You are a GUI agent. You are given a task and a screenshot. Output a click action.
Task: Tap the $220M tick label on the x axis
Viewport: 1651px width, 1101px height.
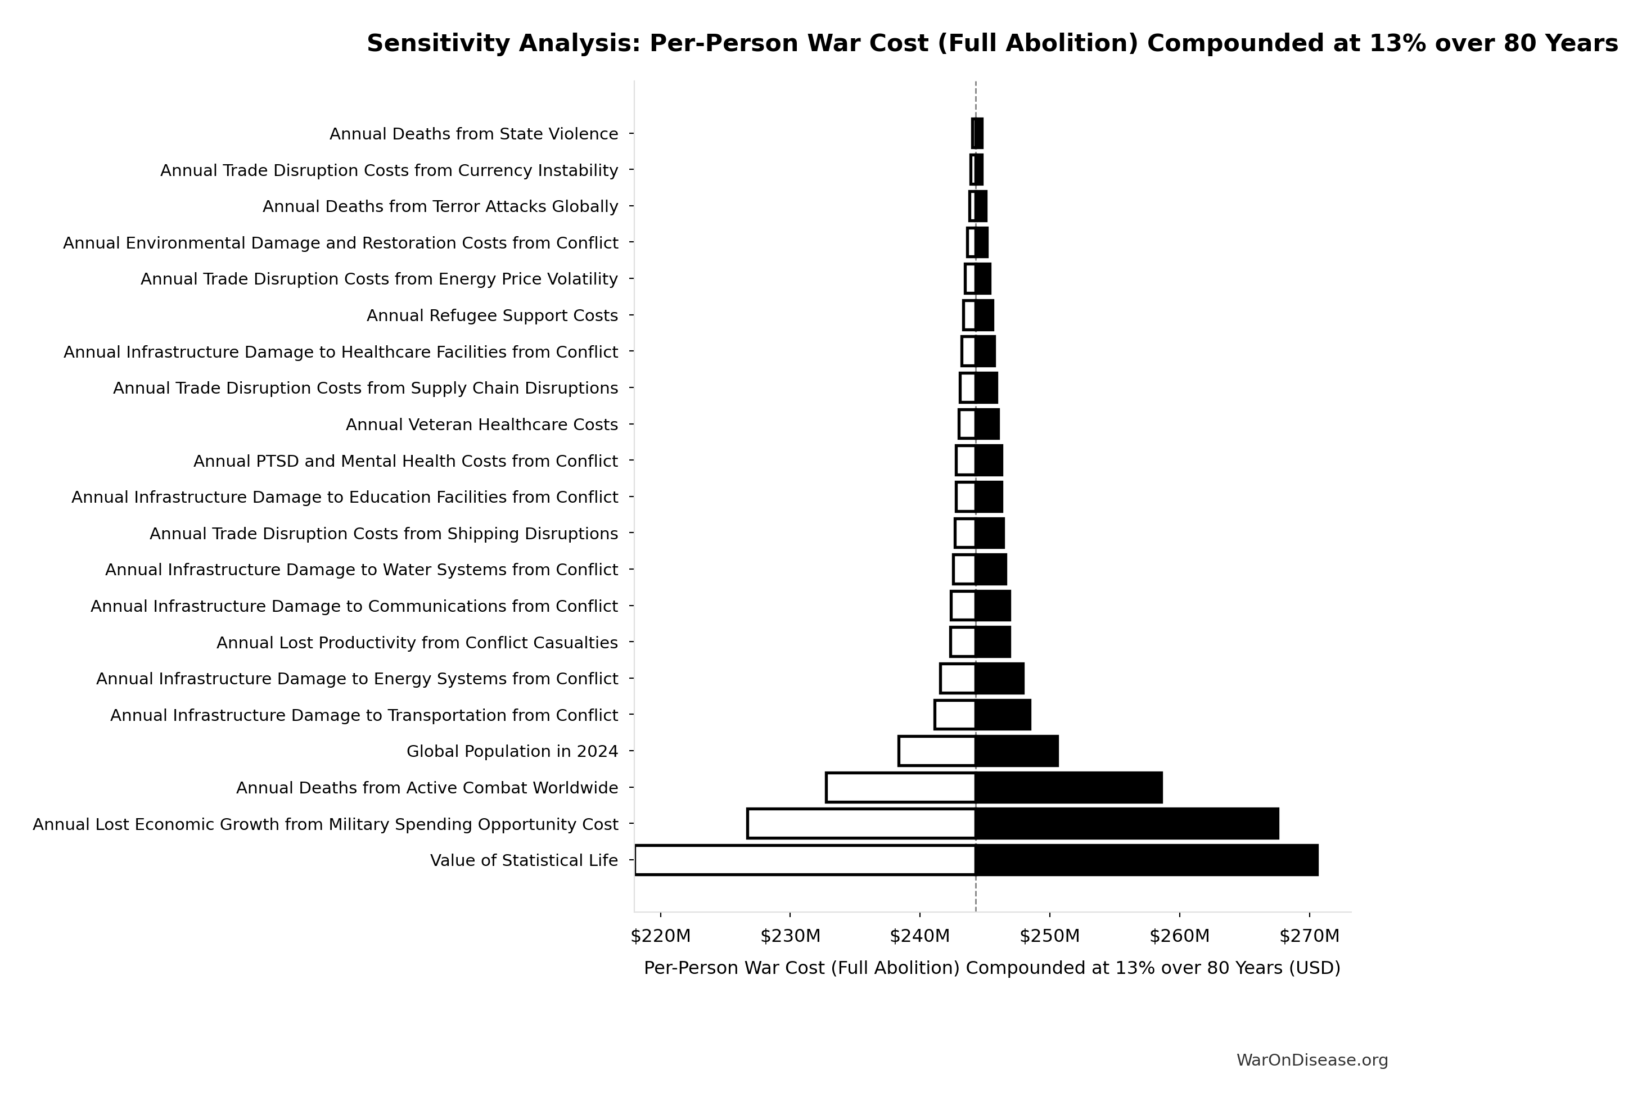pyautogui.click(x=660, y=936)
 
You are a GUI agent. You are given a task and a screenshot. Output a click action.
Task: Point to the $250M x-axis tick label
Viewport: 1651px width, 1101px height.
pyautogui.click(x=1049, y=936)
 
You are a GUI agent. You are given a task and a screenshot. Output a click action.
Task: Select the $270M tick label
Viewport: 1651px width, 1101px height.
pyautogui.click(x=1309, y=936)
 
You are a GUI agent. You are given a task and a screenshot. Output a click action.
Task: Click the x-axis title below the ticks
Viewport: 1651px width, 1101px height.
pyautogui.click(x=991, y=968)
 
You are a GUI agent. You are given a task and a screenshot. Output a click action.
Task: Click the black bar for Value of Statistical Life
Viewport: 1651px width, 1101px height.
pyautogui.click(x=1146, y=860)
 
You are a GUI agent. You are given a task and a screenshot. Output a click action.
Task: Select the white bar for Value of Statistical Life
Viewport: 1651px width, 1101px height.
pyautogui.click(x=805, y=860)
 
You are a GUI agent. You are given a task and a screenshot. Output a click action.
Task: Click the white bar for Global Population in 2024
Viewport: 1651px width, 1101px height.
pyautogui.click(x=937, y=751)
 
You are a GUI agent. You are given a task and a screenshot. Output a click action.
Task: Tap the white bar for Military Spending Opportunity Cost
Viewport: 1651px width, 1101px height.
pyautogui.click(x=861, y=824)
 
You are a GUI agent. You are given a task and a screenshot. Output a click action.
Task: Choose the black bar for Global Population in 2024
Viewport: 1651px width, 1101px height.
pyautogui.click(x=1016, y=751)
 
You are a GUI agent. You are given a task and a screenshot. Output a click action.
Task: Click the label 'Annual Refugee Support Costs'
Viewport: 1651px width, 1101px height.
pyautogui.click(x=491, y=316)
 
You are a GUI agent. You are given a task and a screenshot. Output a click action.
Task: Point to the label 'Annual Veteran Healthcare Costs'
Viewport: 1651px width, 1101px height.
pyautogui.click(x=482, y=425)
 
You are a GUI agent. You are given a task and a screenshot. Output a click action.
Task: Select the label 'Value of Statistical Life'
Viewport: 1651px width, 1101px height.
pyautogui.click(x=524, y=860)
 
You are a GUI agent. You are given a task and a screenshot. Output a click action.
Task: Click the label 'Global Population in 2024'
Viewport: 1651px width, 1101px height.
pyautogui.click(x=512, y=751)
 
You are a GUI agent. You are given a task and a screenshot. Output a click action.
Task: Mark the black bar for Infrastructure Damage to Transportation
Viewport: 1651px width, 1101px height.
pyautogui.click(x=1003, y=715)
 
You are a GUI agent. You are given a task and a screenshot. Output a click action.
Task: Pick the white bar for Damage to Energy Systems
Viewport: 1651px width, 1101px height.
pyautogui.click(x=958, y=678)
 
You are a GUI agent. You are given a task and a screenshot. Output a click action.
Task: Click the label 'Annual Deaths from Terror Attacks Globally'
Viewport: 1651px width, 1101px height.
pyautogui.click(x=440, y=206)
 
